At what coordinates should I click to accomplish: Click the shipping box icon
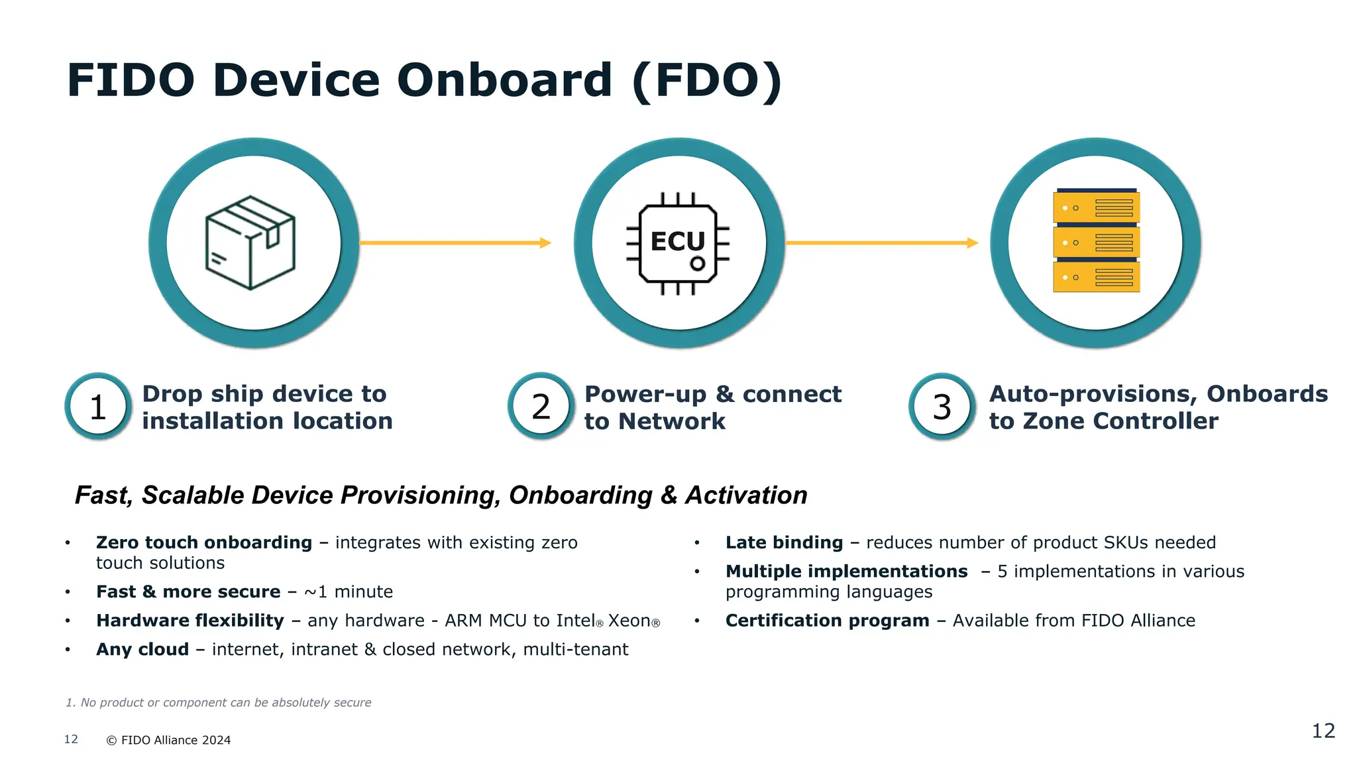point(250,242)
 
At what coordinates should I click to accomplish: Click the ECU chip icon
point(678,243)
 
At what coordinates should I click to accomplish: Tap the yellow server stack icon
point(1096,241)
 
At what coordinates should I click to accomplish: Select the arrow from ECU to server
point(881,243)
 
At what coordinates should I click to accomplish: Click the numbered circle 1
point(98,407)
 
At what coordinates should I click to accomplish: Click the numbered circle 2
point(541,407)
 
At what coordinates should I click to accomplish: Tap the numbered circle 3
point(942,407)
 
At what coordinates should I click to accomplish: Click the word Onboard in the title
point(504,81)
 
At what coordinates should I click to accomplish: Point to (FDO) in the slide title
point(707,81)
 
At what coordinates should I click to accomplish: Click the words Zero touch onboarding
point(203,542)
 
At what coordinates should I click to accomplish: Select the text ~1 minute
point(349,591)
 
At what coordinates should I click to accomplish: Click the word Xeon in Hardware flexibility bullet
point(629,621)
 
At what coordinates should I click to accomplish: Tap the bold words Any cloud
point(142,649)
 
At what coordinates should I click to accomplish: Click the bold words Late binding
point(784,542)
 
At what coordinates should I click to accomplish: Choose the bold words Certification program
point(827,621)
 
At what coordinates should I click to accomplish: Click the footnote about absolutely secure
point(219,703)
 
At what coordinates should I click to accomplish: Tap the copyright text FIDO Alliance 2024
point(169,740)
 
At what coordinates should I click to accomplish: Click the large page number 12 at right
point(1323,731)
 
